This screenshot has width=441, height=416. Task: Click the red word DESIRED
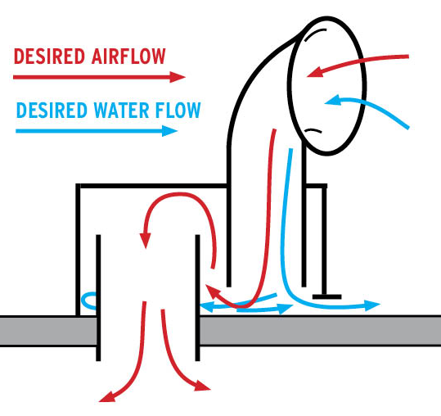(x=49, y=57)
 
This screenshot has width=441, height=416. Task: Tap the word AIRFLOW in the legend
(x=128, y=57)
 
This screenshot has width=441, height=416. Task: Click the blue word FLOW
(x=178, y=110)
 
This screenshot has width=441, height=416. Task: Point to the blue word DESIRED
(x=52, y=110)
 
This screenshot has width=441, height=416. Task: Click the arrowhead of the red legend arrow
(x=178, y=77)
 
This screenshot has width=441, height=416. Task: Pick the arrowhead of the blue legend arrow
(x=170, y=131)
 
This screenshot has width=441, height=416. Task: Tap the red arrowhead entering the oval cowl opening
(x=314, y=72)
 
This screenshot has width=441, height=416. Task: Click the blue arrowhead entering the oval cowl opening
(x=333, y=101)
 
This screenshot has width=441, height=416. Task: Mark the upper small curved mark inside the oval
(x=314, y=34)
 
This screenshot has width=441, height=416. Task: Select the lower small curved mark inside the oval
(x=313, y=130)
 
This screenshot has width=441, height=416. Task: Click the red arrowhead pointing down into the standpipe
(x=146, y=241)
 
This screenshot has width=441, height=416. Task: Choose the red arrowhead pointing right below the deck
(x=203, y=386)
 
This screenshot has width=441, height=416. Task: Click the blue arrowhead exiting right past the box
(x=372, y=305)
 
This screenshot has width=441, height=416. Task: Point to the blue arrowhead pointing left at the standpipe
(x=206, y=307)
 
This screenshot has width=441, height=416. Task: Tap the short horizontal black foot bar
(x=326, y=296)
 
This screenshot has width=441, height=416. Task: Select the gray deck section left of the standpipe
(x=48, y=331)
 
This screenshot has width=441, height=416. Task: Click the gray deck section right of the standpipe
(x=320, y=330)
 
